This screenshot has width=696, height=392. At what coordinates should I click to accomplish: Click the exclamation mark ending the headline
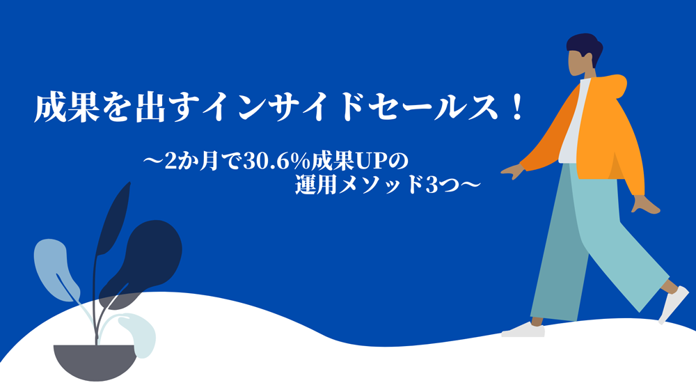click(516, 108)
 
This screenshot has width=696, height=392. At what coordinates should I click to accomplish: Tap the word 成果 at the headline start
click(67, 108)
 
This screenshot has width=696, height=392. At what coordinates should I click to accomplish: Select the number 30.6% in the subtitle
click(276, 161)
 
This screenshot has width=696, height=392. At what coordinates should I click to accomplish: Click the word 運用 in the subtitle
click(316, 185)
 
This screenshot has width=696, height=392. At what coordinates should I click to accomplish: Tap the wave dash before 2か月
click(154, 160)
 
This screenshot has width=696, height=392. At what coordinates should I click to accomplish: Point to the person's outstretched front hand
click(513, 171)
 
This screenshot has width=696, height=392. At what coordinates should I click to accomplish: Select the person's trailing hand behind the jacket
click(645, 205)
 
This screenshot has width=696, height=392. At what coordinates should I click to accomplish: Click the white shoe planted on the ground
click(523, 330)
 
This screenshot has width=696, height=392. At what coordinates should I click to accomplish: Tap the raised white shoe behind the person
click(674, 304)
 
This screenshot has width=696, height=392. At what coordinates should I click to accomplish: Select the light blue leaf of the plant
click(56, 269)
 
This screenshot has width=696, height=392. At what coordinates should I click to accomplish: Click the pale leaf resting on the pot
click(139, 334)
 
